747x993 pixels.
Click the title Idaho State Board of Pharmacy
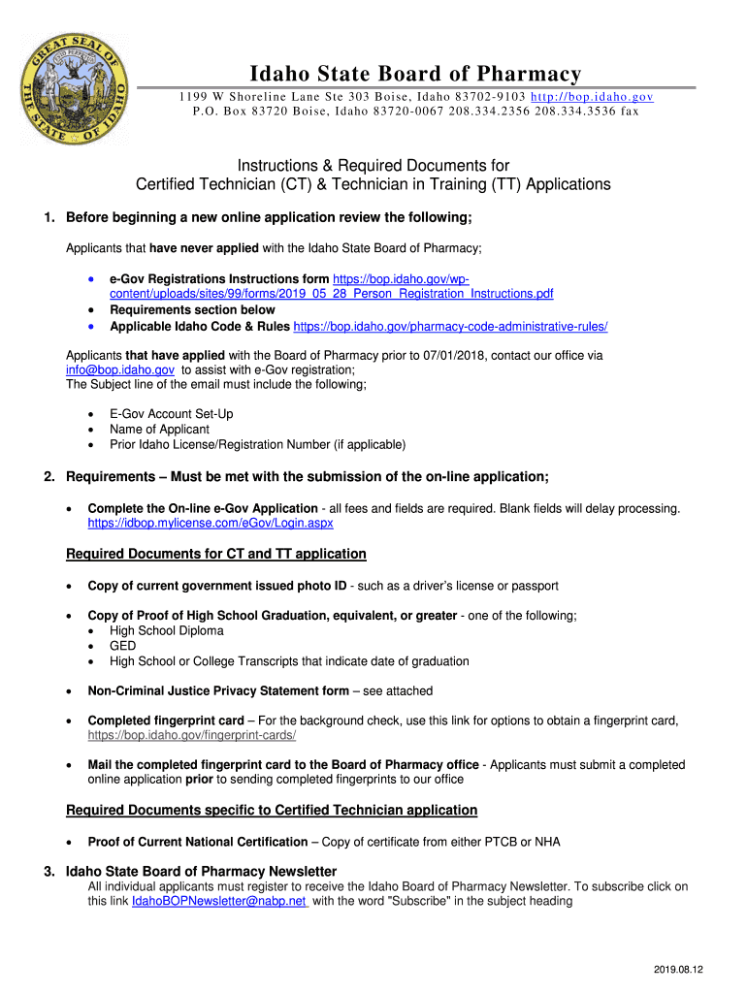pyautogui.click(x=415, y=75)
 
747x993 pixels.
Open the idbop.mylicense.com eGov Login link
pyautogui.click(x=211, y=523)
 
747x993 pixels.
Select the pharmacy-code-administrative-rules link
pyautogui.click(x=457, y=326)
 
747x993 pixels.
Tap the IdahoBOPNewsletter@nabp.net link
pyautogui.click(x=218, y=901)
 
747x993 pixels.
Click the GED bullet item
pyautogui.click(x=123, y=646)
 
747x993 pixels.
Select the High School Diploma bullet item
pyautogui.click(x=167, y=630)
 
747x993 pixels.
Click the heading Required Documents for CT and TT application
pyautogui.click(x=215, y=554)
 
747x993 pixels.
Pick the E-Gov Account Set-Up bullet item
pyautogui.click(x=172, y=414)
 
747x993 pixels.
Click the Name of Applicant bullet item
pyautogui.click(x=159, y=430)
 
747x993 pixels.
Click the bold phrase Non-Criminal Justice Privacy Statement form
pyautogui.click(x=218, y=691)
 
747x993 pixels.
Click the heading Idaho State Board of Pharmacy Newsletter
pyautogui.click(x=201, y=871)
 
